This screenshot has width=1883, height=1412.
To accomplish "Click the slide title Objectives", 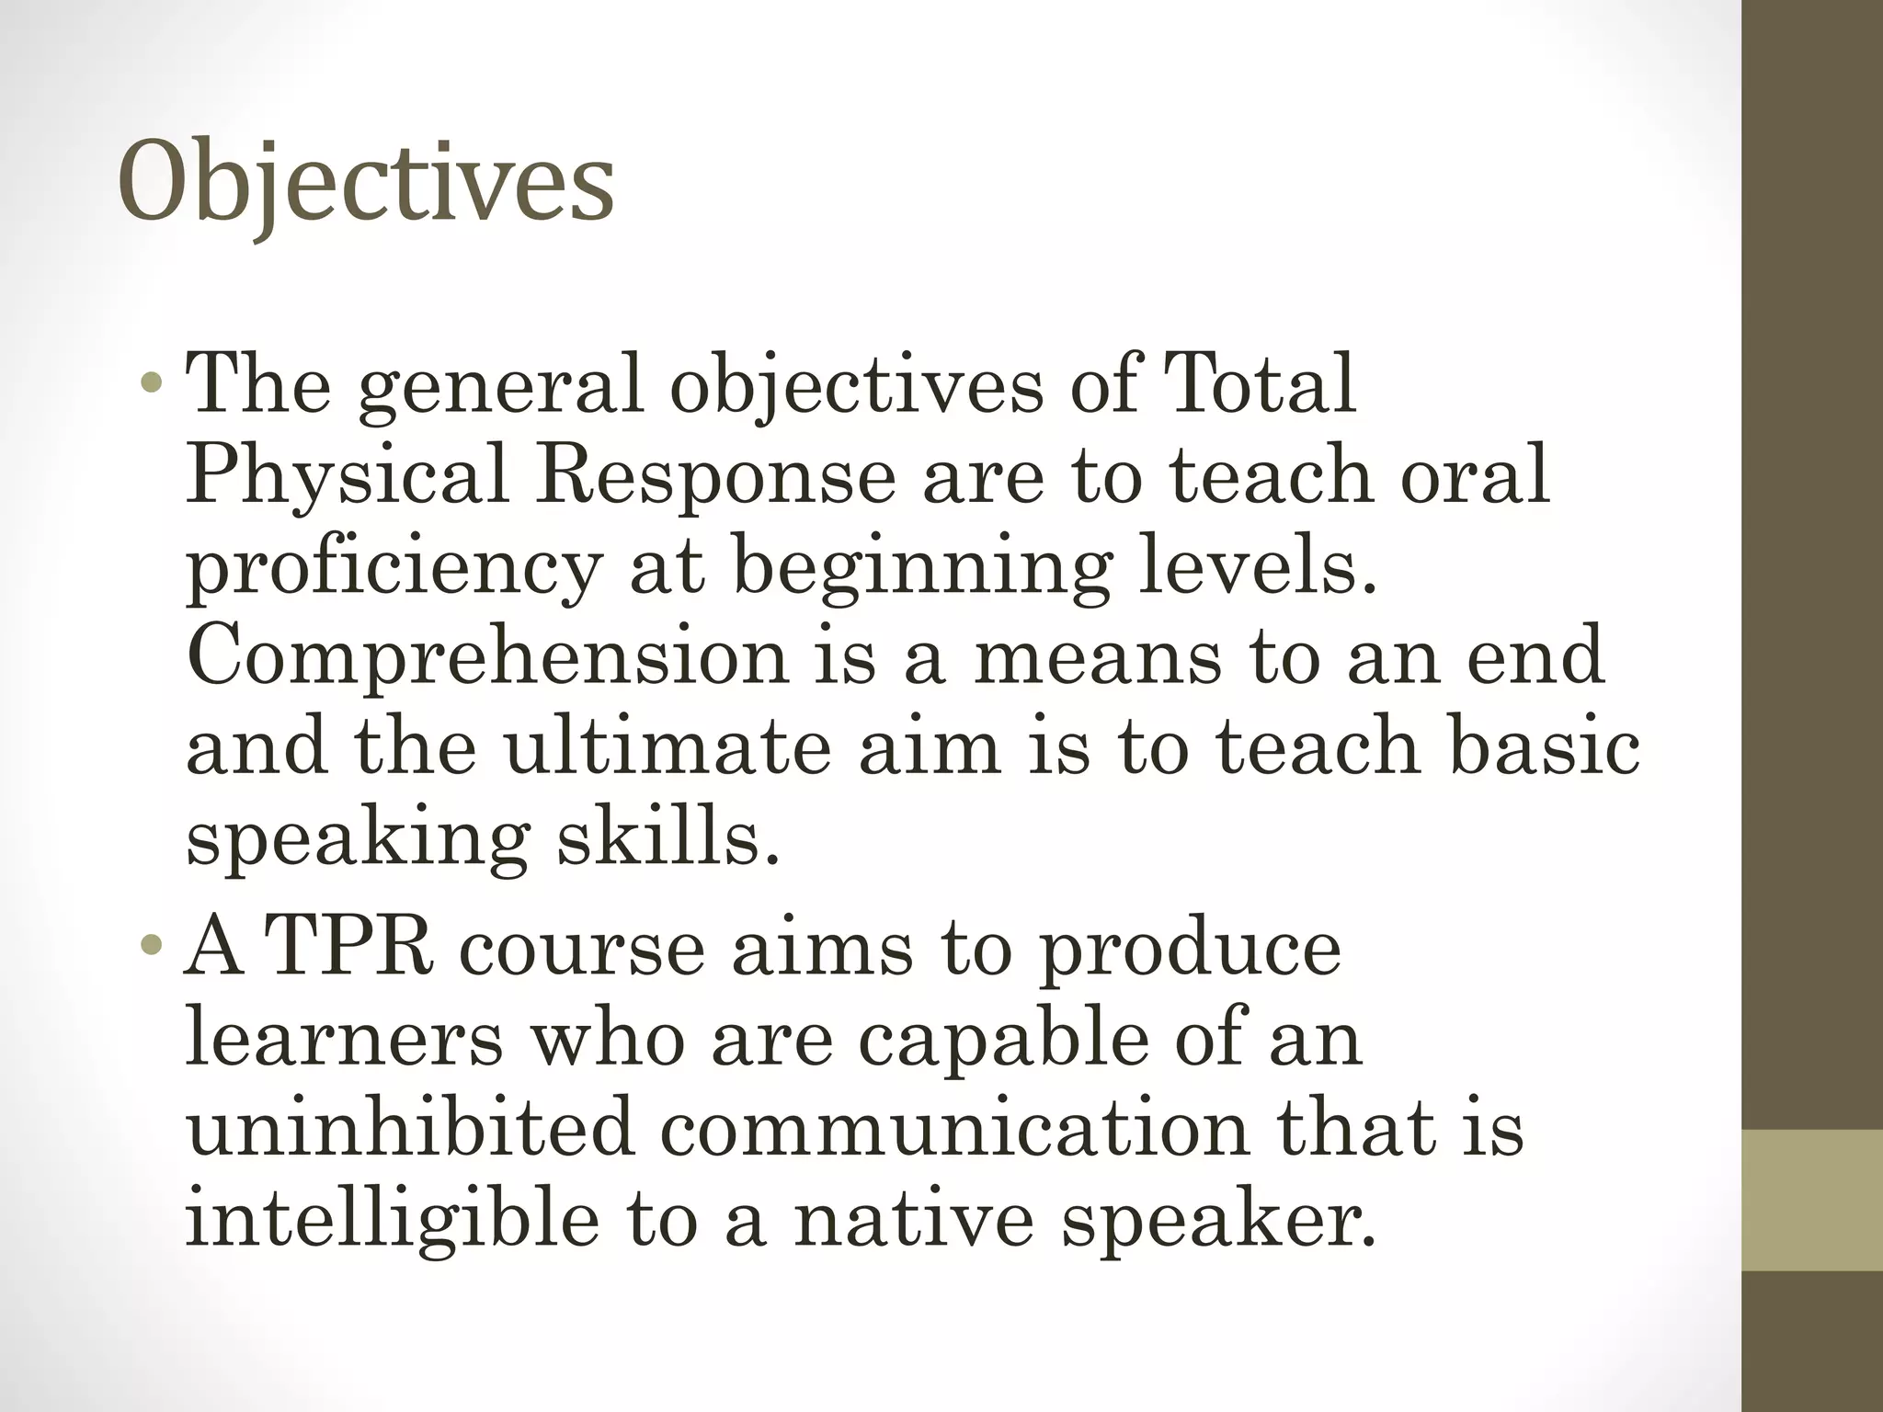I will [366, 183].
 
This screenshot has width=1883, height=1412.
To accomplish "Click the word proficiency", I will [394, 568].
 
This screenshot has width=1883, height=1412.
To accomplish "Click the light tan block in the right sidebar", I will [1812, 1201].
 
